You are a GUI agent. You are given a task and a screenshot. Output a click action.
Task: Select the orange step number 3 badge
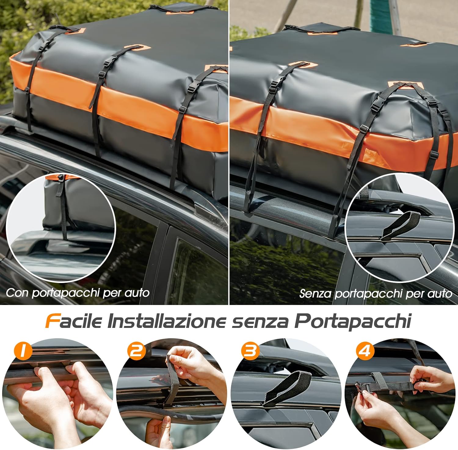point(250,351)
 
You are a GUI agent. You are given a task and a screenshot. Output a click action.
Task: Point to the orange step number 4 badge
point(365,351)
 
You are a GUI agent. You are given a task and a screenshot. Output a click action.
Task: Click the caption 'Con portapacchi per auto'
point(78,293)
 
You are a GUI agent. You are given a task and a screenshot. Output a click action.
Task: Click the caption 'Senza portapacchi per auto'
point(376,294)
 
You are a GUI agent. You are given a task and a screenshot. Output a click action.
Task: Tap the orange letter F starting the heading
point(52,321)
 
